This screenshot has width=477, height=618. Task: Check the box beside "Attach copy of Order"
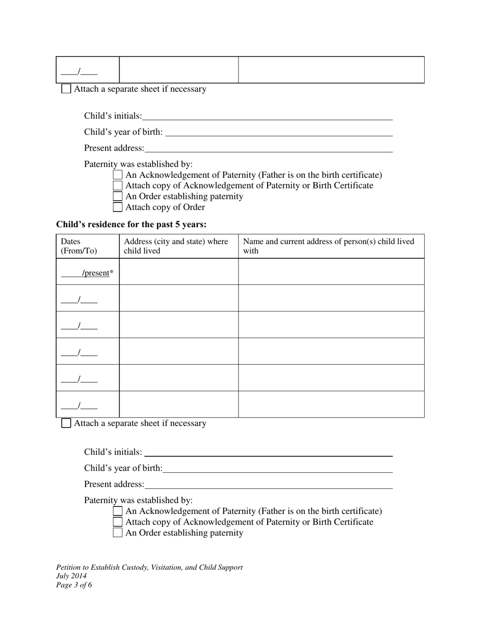click(x=117, y=207)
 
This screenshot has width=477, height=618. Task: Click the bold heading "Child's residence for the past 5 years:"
click(x=131, y=224)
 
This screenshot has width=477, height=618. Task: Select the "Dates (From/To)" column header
click(x=79, y=246)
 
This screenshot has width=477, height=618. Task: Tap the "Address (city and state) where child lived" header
click(x=176, y=246)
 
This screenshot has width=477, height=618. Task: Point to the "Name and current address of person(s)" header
click(x=328, y=246)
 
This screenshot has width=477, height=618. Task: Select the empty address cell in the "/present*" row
click(x=178, y=272)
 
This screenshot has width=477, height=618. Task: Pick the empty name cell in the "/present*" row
click(x=331, y=272)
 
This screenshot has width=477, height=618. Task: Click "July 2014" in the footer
click(x=71, y=576)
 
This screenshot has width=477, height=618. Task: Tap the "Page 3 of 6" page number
click(x=74, y=585)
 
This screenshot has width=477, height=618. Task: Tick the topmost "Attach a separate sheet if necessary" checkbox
click(x=66, y=89)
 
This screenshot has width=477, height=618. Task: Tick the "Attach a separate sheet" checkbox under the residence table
click(x=66, y=423)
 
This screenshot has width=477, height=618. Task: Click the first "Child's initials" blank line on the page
click(x=267, y=117)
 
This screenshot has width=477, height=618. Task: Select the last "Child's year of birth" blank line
click(x=278, y=469)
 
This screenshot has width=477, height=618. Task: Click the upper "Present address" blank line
click(x=268, y=149)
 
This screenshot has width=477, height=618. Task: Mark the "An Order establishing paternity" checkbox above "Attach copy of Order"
click(x=117, y=196)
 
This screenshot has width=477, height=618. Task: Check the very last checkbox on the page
click(x=117, y=533)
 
